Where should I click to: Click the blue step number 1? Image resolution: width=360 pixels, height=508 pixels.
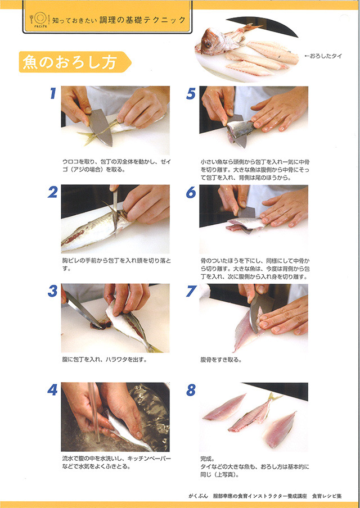tap(53, 93)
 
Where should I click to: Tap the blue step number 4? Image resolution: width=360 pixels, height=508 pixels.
tap(52, 390)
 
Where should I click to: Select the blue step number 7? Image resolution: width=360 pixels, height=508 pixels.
tap(191, 291)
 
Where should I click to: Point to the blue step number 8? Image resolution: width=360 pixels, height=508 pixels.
tap(191, 390)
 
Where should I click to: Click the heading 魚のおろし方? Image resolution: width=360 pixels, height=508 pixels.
tap(69, 62)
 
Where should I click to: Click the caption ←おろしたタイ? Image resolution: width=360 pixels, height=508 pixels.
tap(323, 56)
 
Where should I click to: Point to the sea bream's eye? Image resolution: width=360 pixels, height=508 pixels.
tap(208, 44)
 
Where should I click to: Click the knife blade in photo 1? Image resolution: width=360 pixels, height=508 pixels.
tap(101, 127)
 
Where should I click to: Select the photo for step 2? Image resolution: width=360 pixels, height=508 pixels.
tap(115, 219)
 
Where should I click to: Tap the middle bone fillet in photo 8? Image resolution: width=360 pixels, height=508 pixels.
tap(253, 413)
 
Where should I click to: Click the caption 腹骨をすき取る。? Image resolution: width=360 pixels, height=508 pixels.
tap(221, 360)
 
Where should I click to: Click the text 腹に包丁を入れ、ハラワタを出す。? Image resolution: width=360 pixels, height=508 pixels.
tap(105, 360)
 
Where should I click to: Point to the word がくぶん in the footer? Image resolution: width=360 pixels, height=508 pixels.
tap(198, 496)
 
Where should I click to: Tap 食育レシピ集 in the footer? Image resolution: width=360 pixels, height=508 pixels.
tap(327, 496)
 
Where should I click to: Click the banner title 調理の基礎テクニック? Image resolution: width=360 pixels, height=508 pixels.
tap(142, 20)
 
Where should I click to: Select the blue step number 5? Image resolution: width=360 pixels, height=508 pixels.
tap(191, 93)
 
